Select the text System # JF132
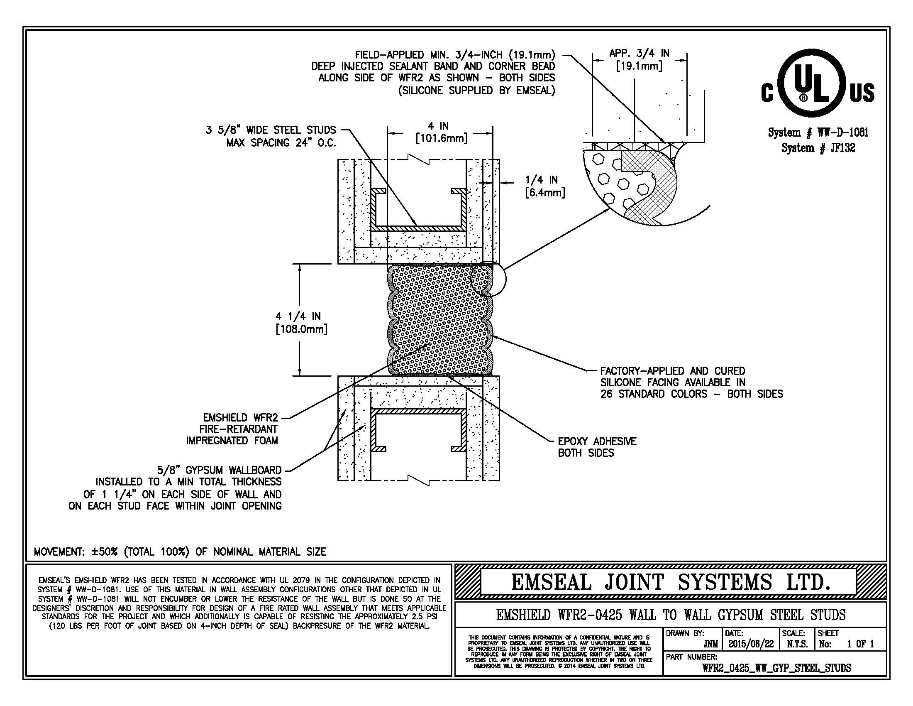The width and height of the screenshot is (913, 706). pyautogui.click(x=818, y=148)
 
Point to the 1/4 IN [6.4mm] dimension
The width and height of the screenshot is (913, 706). pyautogui.click(x=544, y=186)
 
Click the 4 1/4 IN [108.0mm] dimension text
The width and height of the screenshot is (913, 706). pyautogui.click(x=301, y=322)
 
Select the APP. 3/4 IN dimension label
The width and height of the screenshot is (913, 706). pyautogui.click(x=639, y=59)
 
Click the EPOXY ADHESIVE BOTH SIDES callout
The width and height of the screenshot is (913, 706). pyautogui.click(x=596, y=447)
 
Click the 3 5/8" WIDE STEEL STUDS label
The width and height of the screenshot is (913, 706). pyautogui.click(x=271, y=130)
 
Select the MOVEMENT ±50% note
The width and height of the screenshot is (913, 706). pyautogui.click(x=180, y=551)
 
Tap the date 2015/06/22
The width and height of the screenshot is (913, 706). pyautogui.click(x=751, y=644)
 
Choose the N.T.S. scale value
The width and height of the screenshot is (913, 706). pyautogui.click(x=797, y=644)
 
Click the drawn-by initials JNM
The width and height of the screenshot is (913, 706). pyautogui.click(x=710, y=644)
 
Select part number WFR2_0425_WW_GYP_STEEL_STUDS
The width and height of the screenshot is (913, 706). pyautogui.click(x=776, y=668)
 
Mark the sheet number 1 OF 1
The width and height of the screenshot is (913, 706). pyautogui.click(x=860, y=644)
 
